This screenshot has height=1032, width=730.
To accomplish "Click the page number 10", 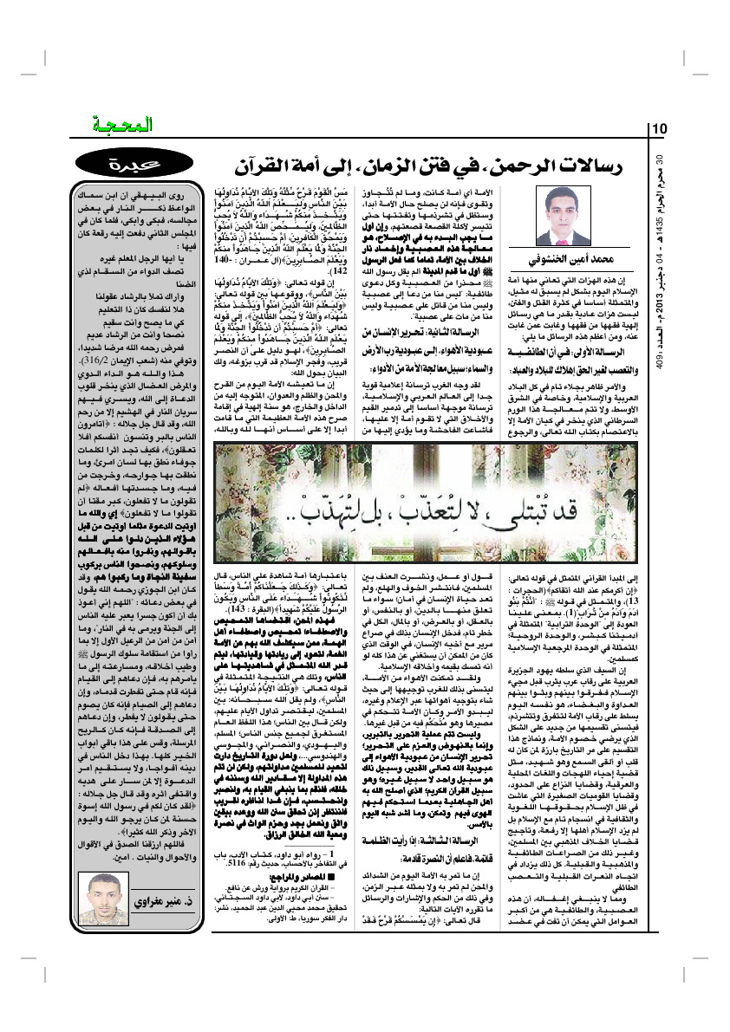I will pos(658,129).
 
